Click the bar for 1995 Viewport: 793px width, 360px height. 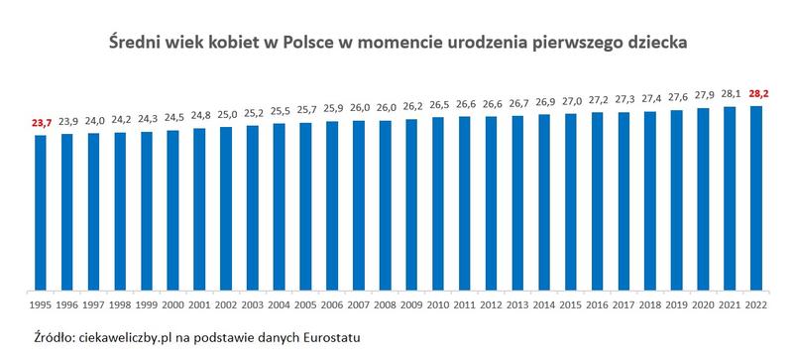(40, 212)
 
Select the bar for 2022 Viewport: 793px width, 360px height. (755, 198)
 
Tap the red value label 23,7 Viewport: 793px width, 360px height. (40, 124)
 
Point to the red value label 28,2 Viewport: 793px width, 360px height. (755, 94)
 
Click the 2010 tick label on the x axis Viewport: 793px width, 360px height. (437, 303)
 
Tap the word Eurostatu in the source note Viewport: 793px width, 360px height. (326, 338)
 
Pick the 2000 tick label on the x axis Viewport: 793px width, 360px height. (172, 303)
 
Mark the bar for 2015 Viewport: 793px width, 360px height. (570, 203)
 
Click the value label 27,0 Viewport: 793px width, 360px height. (570, 102)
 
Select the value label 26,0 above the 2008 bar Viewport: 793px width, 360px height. (385, 109)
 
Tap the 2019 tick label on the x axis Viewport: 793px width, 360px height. (676, 303)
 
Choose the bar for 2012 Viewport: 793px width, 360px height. (491, 204)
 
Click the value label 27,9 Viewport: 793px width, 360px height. (703, 97)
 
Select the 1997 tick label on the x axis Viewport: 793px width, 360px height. (93, 303)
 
